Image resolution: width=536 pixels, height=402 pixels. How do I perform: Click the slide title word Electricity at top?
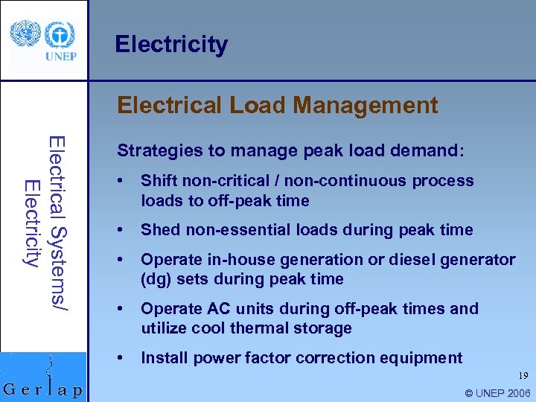click(171, 45)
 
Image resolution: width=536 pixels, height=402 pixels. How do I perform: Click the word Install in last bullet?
click(163, 358)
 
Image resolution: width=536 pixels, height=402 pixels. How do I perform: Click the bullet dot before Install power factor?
click(121, 358)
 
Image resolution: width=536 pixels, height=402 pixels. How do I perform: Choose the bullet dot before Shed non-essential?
click(121, 230)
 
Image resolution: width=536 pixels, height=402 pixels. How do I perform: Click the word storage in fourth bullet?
click(323, 328)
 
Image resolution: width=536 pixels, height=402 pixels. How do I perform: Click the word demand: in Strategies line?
click(431, 150)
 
